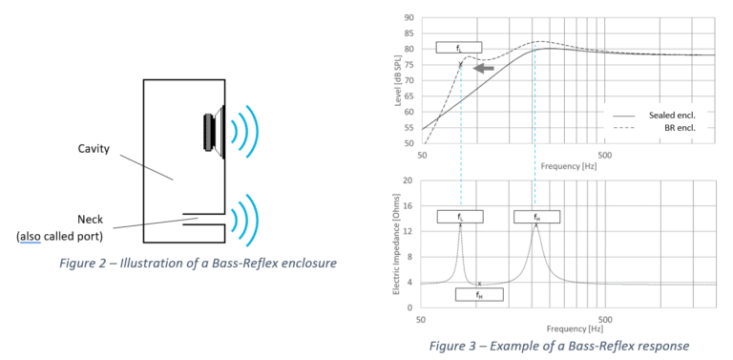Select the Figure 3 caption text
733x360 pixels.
558,345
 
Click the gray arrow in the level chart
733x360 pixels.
485,69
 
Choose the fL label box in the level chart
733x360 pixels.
459,47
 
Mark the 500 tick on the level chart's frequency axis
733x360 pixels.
602,154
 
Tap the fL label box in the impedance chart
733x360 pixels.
460,217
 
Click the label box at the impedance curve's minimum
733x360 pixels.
479,295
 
